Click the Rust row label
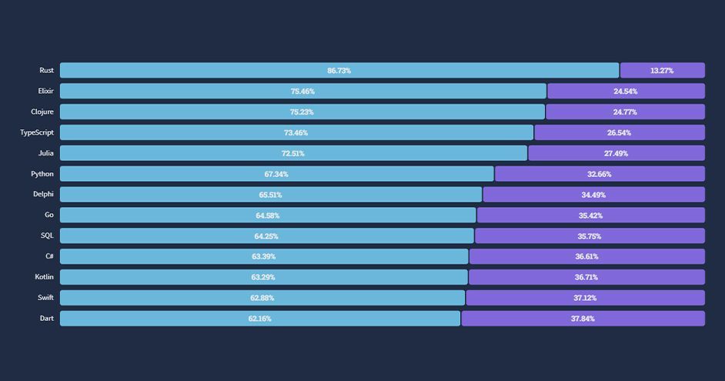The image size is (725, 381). point(46,71)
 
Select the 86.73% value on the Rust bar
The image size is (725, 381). point(339,71)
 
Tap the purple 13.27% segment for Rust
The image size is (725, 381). point(662,71)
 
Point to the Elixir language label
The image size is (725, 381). point(45,91)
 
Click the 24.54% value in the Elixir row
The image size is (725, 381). point(625,92)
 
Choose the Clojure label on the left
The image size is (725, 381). point(42,112)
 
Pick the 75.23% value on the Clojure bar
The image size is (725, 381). point(302,112)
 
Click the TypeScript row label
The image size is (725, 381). point(37,132)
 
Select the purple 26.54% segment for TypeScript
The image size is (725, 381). point(619,133)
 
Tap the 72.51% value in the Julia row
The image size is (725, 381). point(292,154)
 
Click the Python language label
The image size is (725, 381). point(42,174)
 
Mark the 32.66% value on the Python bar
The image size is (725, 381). point(599,175)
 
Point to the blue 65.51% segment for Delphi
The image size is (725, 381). point(270,195)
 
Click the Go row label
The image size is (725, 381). point(49,215)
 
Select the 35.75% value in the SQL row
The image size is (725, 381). point(589,236)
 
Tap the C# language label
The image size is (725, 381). point(49,256)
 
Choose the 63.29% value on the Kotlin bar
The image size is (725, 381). point(262,277)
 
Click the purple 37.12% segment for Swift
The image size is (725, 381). point(584,298)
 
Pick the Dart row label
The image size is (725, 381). point(47,318)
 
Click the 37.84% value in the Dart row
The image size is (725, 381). point(583,319)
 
